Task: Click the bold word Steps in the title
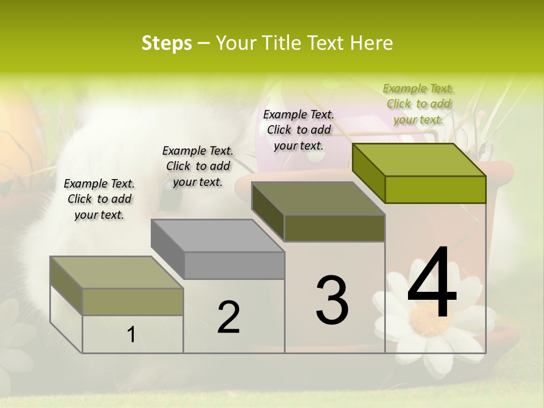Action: pyautogui.click(x=167, y=43)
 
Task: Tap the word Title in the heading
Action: pyautogui.click(x=284, y=43)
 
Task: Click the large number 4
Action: pyautogui.click(x=432, y=283)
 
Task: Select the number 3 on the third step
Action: pyautogui.click(x=332, y=300)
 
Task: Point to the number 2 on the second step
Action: pyautogui.click(x=228, y=317)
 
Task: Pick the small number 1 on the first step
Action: pyautogui.click(x=131, y=335)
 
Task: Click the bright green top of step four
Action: pyautogui.click(x=418, y=159)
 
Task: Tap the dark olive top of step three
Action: pyautogui.click(x=317, y=198)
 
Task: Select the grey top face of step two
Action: pyautogui.click(x=217, y=235)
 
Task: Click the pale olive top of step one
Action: pyautogui.click(x=116, y=272)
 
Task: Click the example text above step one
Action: pyautogui.click(x=99, y=199)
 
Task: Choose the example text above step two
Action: pyautogui.click(x=198, y=166)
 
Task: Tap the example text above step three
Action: pyautogui.click(x=299, y=130)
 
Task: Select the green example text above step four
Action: pyautogui.click(x=419, y=104)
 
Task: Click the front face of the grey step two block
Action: pyautogui.click(x=234, y=265)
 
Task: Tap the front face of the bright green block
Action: pyautogui.click(x=435, y=189)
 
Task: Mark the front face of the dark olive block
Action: pyautogui.click(x=334, y=228)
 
